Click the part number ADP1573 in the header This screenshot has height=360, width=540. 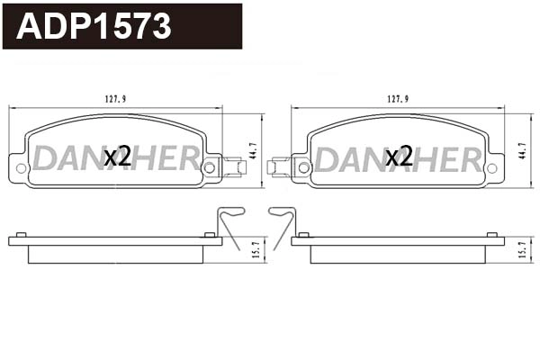coord(94,27)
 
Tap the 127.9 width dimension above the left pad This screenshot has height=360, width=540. coord(115,101)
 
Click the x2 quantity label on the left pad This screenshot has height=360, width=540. coord(118,157)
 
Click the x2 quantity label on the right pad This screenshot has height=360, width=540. coord(399,157)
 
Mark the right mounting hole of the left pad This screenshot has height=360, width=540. coord(210,166)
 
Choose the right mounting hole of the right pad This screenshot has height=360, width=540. coord(491,167)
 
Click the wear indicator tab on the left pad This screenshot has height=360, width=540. coord(235,166)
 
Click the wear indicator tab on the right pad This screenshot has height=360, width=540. coord(279,166)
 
